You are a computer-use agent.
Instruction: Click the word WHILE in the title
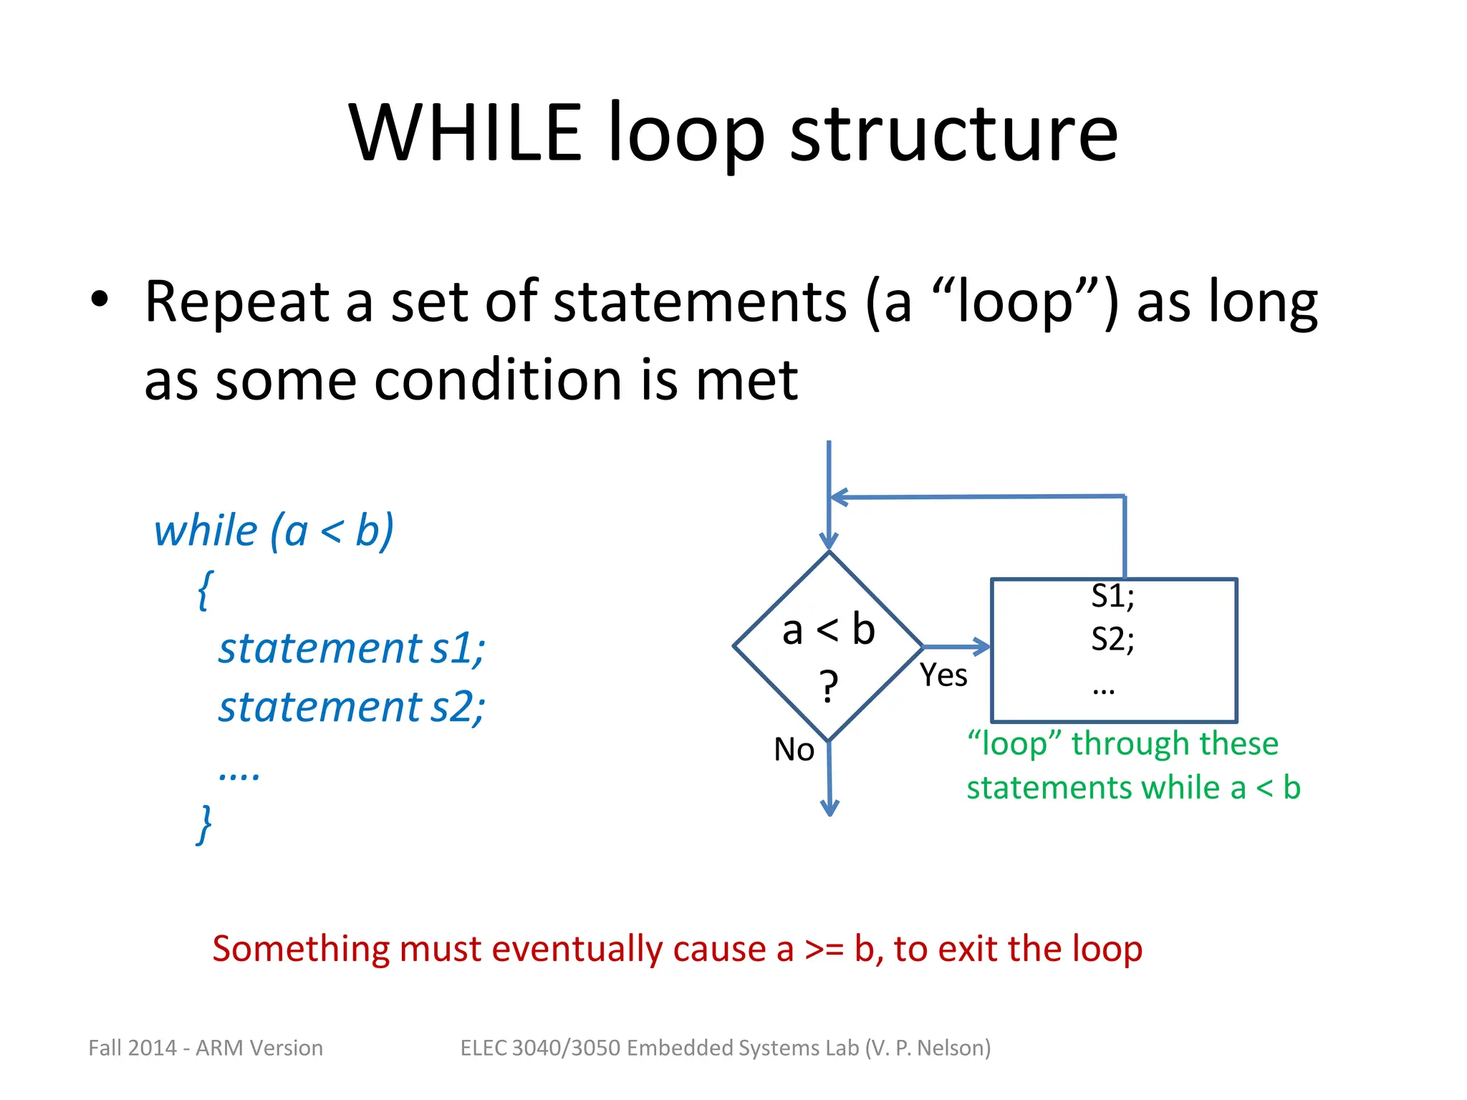pos(465,133)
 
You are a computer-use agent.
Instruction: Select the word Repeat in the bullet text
pos(236,302)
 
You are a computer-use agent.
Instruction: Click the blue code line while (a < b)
pos(274,531)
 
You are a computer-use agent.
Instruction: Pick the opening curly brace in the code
pos(205,589)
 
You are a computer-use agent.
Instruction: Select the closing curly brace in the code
pos(205,824)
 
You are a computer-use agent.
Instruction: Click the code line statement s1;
pos(352,649)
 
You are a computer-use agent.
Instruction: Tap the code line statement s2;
pos(352,708)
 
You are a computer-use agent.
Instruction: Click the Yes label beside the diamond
pos(943,675)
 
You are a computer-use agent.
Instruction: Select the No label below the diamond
pos(794,750)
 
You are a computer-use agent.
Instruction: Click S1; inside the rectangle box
pos(1112,597)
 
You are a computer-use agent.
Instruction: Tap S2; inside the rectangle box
pos(1112,639)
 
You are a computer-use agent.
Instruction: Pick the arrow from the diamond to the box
pos(957,647)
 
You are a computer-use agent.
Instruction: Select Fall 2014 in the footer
pos(132,1048)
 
